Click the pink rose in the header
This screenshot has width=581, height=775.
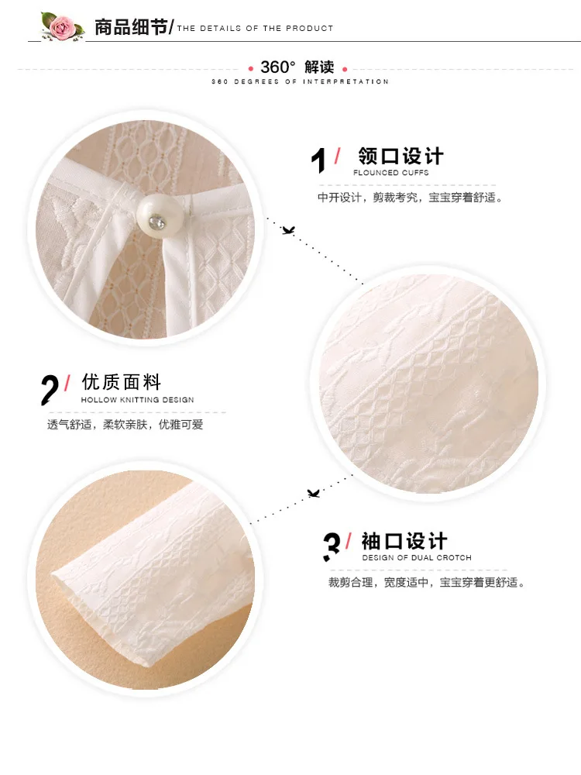click(61, 26)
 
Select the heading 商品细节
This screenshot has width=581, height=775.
click(131, 27)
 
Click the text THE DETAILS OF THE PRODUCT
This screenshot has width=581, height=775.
click(255, 28)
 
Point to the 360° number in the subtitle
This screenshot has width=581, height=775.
click(277, 67)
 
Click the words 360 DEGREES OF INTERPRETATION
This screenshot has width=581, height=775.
click(300, 81)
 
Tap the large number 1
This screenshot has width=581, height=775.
click(319, 160)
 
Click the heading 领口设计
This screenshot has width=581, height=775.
click(401, 156)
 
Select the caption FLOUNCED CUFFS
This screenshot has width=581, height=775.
click(390, 173)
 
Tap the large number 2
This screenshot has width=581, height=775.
click(50, 390)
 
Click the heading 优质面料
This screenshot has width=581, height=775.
click(122, 382)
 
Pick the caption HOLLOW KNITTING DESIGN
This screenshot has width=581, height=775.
click(137, 400)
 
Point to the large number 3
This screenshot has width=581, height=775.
click(332, 546)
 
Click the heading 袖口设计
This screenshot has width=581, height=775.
click(404, 541)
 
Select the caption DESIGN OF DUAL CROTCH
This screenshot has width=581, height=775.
click(417, 557)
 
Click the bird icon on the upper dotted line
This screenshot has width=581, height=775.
click(288, 230)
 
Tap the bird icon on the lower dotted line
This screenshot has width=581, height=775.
click(313, 493)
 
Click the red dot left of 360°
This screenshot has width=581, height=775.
click(251, 69)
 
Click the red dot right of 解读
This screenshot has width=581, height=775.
click(345, 69)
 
